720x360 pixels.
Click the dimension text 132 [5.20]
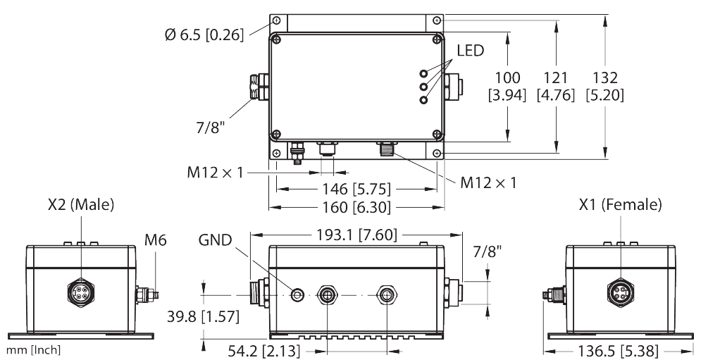[x=604, y=85]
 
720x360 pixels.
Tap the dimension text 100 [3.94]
[x=507, y=85]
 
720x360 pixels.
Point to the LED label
[x=471, y=51]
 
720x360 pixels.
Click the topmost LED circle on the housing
[x=424, y=73]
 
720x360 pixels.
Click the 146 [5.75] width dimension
[x=356, y=190]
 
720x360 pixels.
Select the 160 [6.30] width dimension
[x=356, y=207]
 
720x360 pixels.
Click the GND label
[x=215, y=240]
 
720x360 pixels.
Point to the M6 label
[x=155, y=240]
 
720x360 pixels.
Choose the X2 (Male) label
[x=81, y=205]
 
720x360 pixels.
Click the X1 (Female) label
[x=621, y=205]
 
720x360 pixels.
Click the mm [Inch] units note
[x=32, y=350]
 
